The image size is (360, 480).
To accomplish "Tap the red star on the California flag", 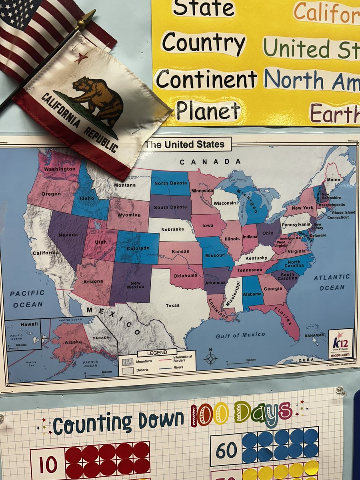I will tap(81, 58).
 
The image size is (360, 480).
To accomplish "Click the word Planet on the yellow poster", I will tap(208, 110).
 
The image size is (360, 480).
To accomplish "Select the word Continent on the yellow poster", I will tap(206, 79).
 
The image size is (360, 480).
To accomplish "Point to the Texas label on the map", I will tap(173, 306).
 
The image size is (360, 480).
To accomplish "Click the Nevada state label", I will tap(68, 235).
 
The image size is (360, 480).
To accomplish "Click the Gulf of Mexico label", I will tap(240, 335).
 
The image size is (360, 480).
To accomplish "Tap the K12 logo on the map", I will tap(340, 342).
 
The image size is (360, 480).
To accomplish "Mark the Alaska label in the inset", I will tap(74, 342).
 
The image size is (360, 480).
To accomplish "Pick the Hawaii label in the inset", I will tap(29, 324).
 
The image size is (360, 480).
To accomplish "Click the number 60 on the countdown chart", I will tap(226, 450).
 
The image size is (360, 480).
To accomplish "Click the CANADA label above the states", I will tap(210, 162).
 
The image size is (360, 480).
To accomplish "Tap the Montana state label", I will tap(124, 185).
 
